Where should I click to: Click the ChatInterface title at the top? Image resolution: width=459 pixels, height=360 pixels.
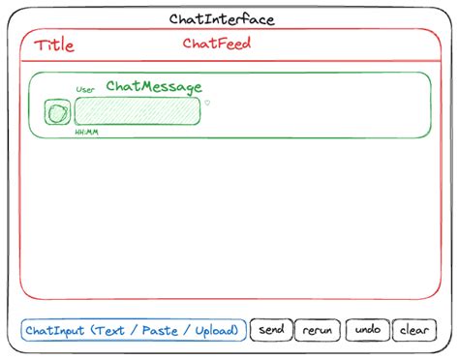point(221,19)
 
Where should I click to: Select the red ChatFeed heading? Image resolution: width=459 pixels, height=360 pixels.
point(218,44)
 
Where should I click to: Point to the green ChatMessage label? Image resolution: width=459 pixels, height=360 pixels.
point(154,87)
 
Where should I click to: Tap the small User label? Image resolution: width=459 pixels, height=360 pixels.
point(85,89)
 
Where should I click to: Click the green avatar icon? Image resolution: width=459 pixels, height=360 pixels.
point(58,113)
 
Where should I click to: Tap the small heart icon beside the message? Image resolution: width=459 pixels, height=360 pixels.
point(207,103)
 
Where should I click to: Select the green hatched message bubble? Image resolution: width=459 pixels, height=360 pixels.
point(138,111)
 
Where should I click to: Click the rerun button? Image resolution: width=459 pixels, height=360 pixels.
point(318,330)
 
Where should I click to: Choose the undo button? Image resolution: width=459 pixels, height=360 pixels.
point(368,330)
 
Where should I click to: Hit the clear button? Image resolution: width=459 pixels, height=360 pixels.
point(413,330)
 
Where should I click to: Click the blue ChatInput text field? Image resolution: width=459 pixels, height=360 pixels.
point(133,330)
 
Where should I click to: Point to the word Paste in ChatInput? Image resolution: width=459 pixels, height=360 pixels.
point(160,331)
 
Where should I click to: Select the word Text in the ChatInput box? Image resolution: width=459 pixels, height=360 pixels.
point(109,331)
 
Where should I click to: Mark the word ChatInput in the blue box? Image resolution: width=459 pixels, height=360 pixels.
point(56,331)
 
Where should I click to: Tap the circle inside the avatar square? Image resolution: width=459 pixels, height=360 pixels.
point(58,113)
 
